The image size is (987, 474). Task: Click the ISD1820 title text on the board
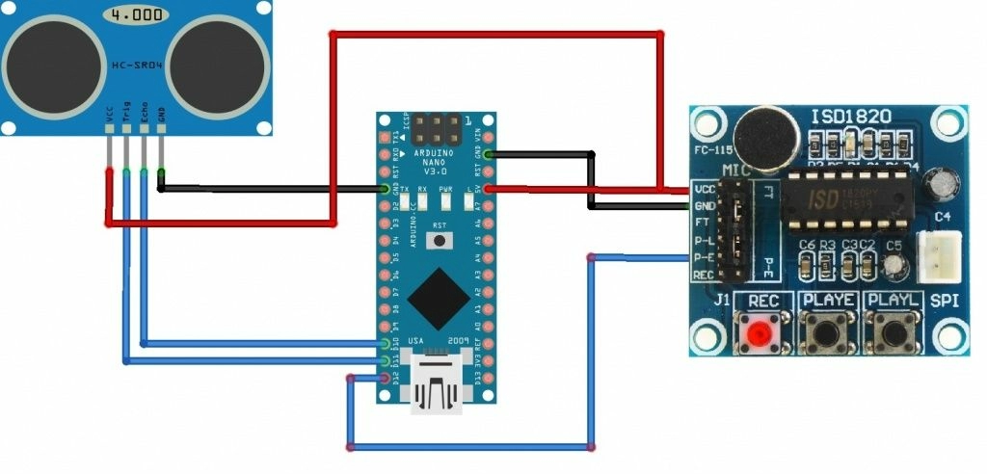pos(850,118)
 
